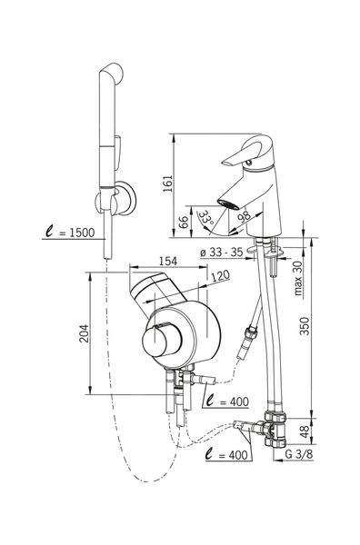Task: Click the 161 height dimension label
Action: (x=167, y=183)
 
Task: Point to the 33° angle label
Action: (x=207, y=219)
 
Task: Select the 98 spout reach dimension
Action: (x=245, y=216)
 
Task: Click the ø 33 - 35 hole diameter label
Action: (x=221, y=252)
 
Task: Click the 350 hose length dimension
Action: (x=305, y=326)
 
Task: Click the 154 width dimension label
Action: (x=168, y=261)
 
